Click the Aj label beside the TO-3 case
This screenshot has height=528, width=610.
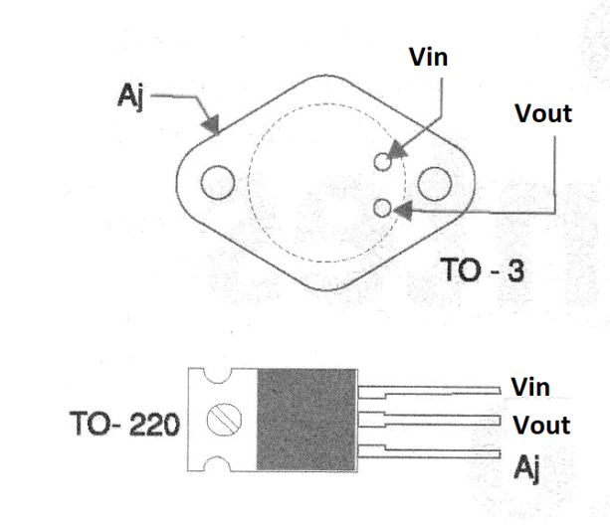point(130,96)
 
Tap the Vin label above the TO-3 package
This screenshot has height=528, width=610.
point(428,57)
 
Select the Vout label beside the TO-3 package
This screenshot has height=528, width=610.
point(543,113)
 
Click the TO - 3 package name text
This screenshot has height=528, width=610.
point(483,269)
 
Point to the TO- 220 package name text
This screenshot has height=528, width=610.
point(124,424)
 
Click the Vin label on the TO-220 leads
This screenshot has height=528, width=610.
point(530,387)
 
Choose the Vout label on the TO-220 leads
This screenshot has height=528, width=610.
point(541,425)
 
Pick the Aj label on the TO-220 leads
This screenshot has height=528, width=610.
point(526,468)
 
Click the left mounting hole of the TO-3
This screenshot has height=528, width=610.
point(218,182)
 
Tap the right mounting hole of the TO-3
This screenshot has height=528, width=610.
point(435,184)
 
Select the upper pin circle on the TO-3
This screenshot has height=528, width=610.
point(382,161)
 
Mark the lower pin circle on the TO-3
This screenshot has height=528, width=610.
point(382,208)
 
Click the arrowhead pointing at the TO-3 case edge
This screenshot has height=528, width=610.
point(211,124)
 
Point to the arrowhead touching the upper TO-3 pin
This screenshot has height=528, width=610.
point(397,150)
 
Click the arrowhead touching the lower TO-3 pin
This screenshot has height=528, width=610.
point(403,211)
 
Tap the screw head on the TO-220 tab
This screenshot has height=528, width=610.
point(224,420)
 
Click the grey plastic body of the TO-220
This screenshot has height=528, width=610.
point(306,420)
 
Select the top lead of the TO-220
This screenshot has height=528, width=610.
point(429,393)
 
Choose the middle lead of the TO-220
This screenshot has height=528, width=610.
point(429,420)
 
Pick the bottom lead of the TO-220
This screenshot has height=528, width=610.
point(429,451)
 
